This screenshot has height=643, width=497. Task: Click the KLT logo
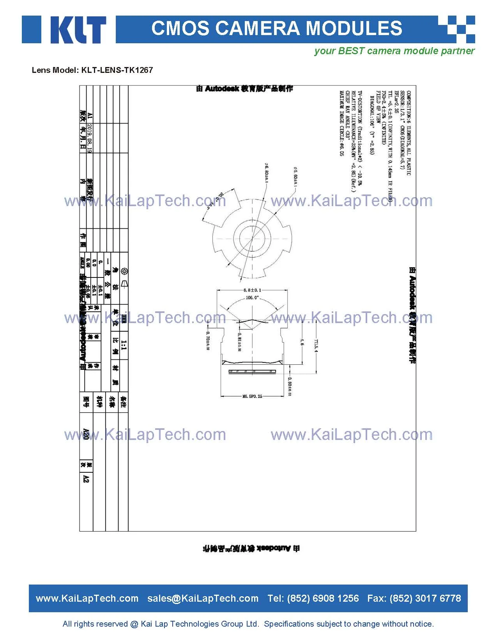(x=64, y=30)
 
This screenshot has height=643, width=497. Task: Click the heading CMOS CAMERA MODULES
(x=276, y=28)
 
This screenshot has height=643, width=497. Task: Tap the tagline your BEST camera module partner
(x=394, y=51)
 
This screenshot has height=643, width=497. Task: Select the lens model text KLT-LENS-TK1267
(x=117, y=70)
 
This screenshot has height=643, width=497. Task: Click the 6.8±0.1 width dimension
(x=252, y=290)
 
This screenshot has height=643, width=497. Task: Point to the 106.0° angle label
(x=252, y=298)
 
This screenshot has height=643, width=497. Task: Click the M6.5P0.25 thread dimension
(x=252, y=396)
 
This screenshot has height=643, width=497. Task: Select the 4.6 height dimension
(x=302, y=342)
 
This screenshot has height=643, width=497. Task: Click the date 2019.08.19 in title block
(x=90, y=138)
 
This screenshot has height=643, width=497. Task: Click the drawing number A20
(x=86, y=434)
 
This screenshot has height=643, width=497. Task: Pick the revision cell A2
(x=86, y=479)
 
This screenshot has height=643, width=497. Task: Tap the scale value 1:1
(x=124, y=345)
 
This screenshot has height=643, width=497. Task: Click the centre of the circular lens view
(x=252, y=238)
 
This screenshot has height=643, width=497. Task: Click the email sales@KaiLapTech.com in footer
(x=203, y=599)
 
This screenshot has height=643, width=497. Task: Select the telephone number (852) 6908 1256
(x=323, y=599)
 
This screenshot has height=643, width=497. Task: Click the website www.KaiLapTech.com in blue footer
(x=87, y=599)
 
